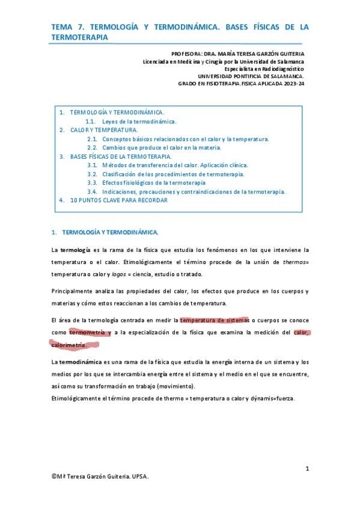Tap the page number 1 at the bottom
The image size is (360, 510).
pos(307,468)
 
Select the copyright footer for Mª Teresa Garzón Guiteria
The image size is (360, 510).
pos(100,476)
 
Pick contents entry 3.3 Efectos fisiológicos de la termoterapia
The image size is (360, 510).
pos(154,182)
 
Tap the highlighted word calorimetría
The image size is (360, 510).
pos(69,345)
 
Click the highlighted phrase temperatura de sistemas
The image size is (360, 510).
pos(215,319)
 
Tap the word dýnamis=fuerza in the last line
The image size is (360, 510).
pos(271,399)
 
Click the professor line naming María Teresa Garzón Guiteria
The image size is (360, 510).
pos(237,53)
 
